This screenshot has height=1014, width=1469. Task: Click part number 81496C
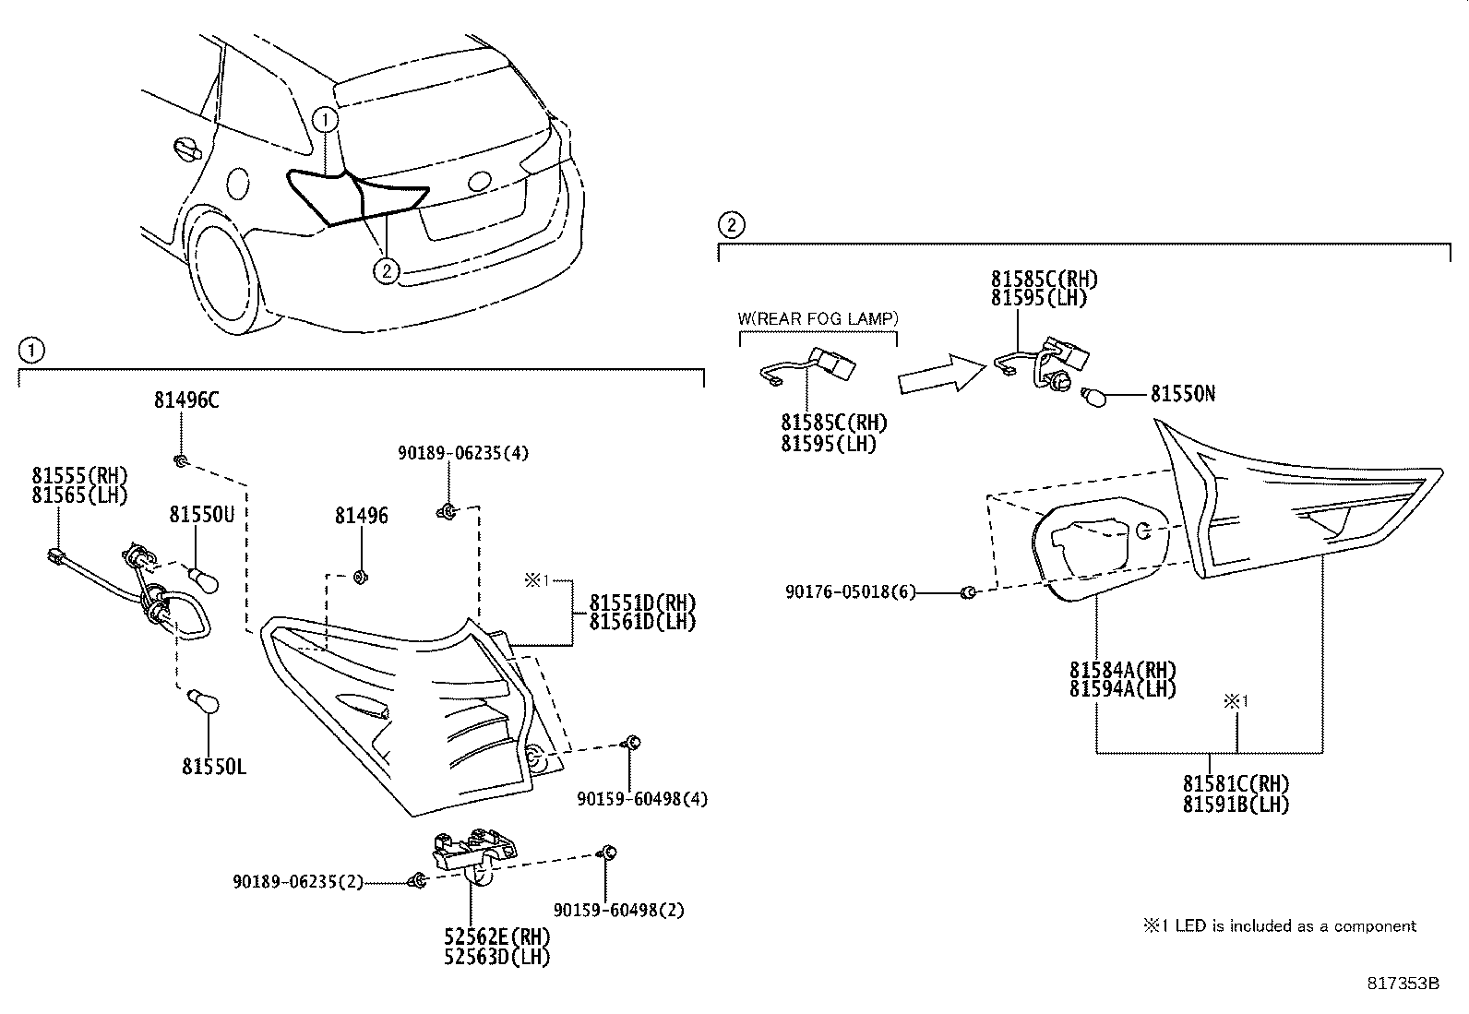[185, 400]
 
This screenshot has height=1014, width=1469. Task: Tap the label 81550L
[213, 767]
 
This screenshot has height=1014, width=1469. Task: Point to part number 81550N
[1182, 394]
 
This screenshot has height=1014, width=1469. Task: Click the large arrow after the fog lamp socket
[939, 373]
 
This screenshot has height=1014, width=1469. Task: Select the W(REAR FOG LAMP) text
[817, 319]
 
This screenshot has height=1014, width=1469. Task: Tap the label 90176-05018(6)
[851, 592]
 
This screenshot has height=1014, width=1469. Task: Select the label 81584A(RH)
[1123, 670]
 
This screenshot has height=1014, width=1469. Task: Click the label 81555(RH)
[79, 476]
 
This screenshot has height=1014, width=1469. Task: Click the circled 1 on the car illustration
[325, 120]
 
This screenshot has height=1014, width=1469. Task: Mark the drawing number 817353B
[1403, 984]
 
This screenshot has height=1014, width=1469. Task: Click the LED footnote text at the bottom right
[1279, 925]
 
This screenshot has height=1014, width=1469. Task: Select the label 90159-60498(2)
[619, 910]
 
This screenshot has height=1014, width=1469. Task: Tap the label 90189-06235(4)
[463, 453]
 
